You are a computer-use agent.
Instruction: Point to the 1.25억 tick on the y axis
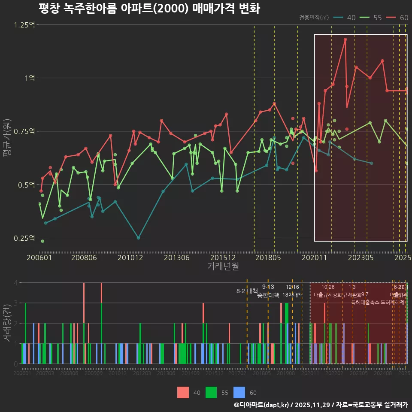point(24,24)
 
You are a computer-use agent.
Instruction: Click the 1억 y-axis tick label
point(29,78)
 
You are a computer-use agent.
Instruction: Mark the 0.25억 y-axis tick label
point(24,238)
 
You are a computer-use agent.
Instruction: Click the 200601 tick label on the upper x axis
point(39,258)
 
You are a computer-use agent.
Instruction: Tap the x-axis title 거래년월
point(223,267)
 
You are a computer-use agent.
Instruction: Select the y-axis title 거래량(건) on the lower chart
point(7,323)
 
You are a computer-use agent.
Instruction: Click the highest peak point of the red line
point(345,39)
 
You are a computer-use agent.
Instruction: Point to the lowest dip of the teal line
point(138,238)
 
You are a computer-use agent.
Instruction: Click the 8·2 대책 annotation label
point(247,291)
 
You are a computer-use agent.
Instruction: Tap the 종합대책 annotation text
point(268,295)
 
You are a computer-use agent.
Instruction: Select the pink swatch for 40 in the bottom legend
point(183,392)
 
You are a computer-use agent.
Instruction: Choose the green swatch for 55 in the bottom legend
point(211,392)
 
